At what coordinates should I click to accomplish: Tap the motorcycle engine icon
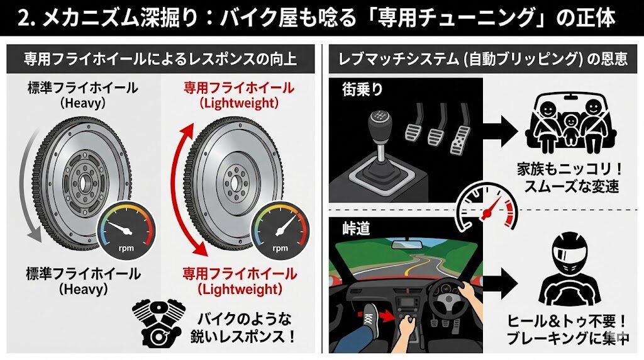coord(158,324)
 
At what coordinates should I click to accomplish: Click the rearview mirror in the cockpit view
coord(408,245)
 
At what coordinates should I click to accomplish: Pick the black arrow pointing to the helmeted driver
coord(500,283)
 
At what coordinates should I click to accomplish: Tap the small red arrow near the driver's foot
coord(387,316)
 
